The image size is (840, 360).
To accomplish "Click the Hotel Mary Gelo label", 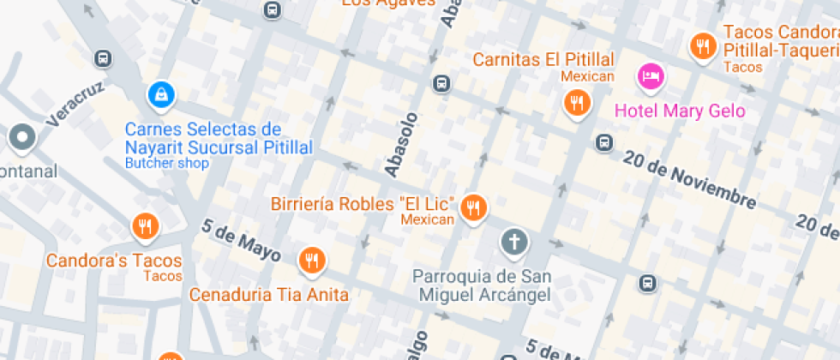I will click(680, 111).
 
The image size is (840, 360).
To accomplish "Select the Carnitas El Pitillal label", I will click(543, 60).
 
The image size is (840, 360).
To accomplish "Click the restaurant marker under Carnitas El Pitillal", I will click(577, 104).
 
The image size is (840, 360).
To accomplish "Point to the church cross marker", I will click(514, 243).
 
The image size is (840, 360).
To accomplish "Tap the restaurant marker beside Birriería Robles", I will click(473, 207).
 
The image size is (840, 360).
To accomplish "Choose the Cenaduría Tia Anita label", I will click(268, 295).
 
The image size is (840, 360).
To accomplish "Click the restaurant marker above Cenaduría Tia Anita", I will click(311, 260).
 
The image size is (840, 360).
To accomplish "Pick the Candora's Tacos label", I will click(114, 261).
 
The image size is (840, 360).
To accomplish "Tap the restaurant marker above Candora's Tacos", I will click(145, 227).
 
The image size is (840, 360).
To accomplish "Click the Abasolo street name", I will click(402, 145).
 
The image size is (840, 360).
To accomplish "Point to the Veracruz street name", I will click(75, 105).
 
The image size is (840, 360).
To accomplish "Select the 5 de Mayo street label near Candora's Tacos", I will click(241, 241).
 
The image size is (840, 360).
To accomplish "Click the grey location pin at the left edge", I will click(21, 136).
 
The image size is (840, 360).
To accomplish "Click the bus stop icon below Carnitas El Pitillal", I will click(604, 142).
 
